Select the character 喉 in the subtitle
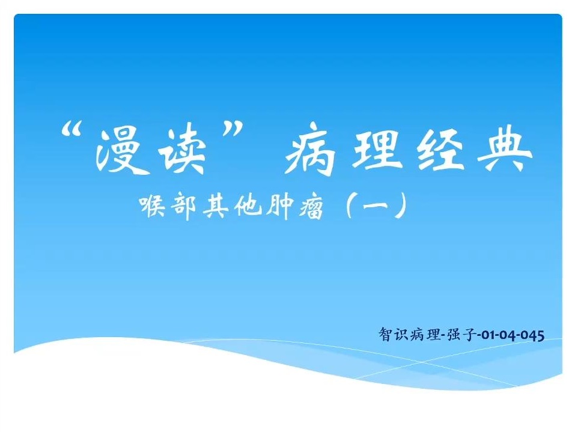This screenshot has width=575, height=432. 153,207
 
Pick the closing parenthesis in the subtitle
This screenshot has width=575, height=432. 401,205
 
